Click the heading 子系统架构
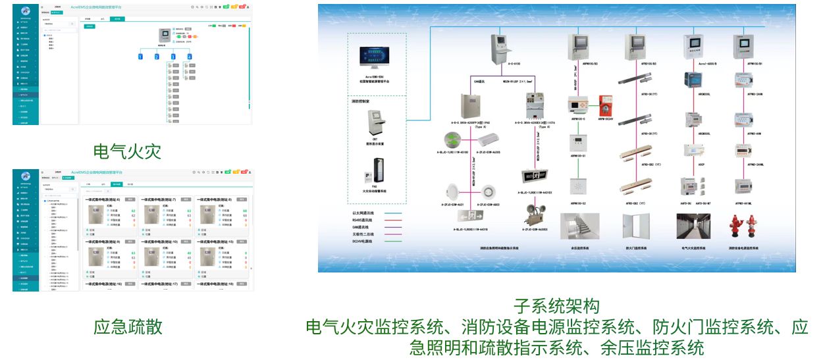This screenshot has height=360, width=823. pyautogui.click(x=556, y=306)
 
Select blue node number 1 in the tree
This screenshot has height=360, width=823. pyautogui.click(x=140, y=57)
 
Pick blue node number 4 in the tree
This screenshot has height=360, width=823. pyautogui.click(x=190, y=57)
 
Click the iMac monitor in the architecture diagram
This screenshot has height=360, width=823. pyautogui.click(x=377, y=61)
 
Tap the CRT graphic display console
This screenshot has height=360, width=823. pyautogui.click(x=377, y=122)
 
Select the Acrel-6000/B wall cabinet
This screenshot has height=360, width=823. pyautogui.click(x=694, y=47)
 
